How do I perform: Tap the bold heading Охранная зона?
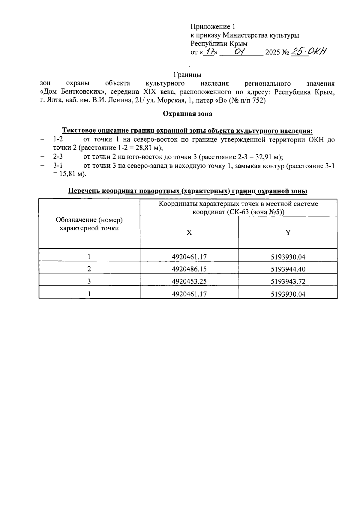[187, 114]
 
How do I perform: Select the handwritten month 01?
[240, 52]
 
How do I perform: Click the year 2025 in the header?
[272, 52]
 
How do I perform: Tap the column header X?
[189, 232]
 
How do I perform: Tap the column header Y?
[288, 232]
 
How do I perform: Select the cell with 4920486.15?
[189, 269]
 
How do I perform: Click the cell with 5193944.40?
[288, 269]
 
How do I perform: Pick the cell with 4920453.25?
[189, 281]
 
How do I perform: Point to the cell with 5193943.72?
[288, 282]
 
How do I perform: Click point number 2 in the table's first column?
[89, 269]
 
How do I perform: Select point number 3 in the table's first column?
[89, 281]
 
